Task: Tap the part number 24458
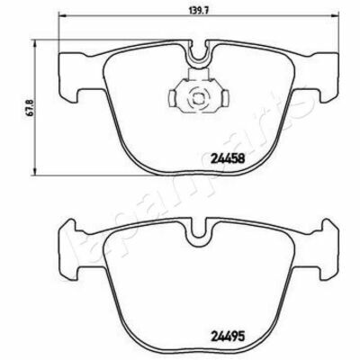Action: click(229, 157)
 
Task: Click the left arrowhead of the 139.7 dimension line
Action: click(61, 15)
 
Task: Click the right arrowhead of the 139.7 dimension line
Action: click(336, 15)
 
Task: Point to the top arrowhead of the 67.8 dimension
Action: click(36, 44)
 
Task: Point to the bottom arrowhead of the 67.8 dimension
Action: click(36, 171)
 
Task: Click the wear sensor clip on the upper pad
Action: click(198, 95)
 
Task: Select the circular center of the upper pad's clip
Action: click(198, 98)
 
